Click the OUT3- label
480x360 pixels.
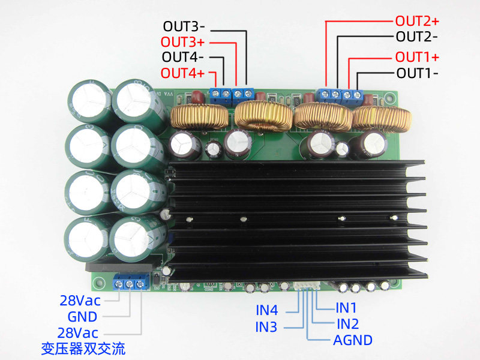[184, 27]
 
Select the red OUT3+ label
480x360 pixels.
[182, 43]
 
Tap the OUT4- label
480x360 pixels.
[184, 58]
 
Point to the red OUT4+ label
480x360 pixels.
[182, 74]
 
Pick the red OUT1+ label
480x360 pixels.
[417, 58]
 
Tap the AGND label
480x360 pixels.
[353, 340]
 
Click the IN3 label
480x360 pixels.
[266, 327]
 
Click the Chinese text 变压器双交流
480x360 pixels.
[83, 348]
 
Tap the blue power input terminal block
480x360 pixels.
[130, 282]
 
